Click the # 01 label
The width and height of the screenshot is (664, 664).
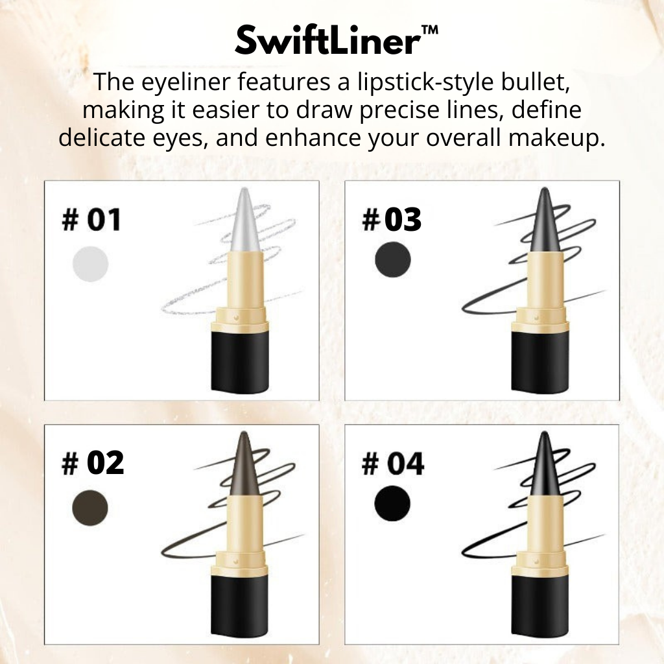click(x=91, y=220)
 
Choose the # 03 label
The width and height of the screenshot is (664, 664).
click(x=392, y=220)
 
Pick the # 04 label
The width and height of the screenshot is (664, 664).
click(x=392, y=464)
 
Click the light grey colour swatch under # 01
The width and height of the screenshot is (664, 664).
click(x=90, y=264)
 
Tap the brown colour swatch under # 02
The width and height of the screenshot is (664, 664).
click(x=90, y=508)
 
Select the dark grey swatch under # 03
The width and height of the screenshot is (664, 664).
click(x=393, y=260)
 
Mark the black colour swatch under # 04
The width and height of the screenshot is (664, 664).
click(x=392, y=504)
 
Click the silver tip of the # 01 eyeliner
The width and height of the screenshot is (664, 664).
click(x=246, y=220)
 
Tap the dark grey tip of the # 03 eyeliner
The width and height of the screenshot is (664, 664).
click(x=545, y=220)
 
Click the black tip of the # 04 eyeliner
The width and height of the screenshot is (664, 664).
click(x=545, y=464)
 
